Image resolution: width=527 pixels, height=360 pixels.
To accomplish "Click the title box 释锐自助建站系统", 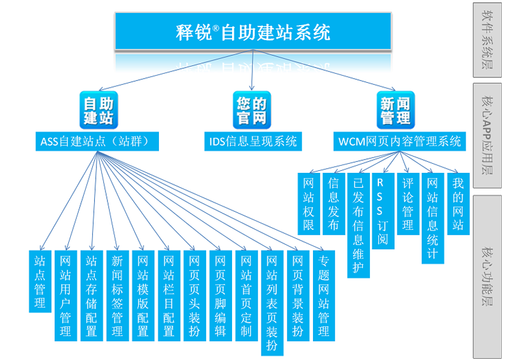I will (x=254, y=32).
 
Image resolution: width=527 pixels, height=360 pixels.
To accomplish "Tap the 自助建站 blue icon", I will (x=97, y=109).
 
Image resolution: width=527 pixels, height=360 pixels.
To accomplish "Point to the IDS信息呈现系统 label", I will (x=252, y=142).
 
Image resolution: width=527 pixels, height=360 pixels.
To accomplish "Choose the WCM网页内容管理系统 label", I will (x=399, y=142).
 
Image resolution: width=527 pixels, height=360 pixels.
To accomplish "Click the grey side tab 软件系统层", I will (x=487, y=40).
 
